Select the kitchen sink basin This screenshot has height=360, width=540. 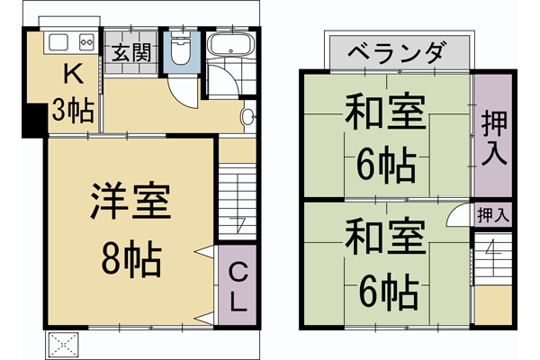(x=58, y=41)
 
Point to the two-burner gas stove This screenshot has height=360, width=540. (x=87, y=41)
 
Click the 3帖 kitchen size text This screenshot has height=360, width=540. (x=71, y=110)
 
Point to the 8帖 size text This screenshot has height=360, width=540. (x=131, y=260)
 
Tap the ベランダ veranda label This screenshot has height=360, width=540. (x=394, y=52)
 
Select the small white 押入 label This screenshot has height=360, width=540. (x=492, y=214)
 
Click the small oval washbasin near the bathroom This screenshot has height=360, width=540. (x=248, y=116)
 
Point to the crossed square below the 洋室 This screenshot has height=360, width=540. (x=64, y=344)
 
